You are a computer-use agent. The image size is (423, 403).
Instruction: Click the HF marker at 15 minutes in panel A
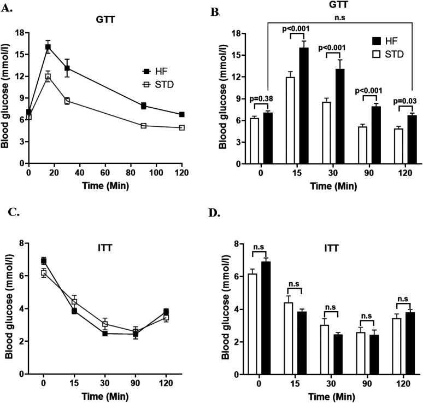coord(48,47)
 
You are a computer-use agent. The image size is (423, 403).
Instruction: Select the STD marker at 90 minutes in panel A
coord(144,126)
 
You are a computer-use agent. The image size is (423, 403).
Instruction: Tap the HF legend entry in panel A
coord(155,72)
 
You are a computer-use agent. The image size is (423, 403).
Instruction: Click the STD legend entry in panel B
coord(389,54)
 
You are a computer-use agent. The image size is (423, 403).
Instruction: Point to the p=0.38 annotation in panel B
coord(261,99)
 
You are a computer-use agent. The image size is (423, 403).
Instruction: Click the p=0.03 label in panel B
coord(404,101)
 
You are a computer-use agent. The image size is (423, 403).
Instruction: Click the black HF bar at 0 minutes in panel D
coord(266,318)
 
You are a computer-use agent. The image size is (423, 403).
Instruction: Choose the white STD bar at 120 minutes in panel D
coord(397,347)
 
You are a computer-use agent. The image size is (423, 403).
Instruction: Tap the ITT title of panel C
coord(105,248)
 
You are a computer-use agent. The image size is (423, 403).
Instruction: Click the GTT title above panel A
coord(105,20)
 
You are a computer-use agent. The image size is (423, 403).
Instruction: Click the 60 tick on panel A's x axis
coord(105,172)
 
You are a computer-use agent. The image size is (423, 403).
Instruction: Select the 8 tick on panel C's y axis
coord(21,243)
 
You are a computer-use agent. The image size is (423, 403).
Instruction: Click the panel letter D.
coord(214,213)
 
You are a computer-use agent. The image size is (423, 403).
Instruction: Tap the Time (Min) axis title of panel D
coord(332,397)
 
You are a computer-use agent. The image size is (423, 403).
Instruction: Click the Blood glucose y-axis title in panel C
coord(9,308)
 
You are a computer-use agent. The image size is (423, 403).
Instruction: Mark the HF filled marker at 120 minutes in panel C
coord(166,312)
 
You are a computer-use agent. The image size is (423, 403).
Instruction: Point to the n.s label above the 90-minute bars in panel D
coord(366,316)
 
